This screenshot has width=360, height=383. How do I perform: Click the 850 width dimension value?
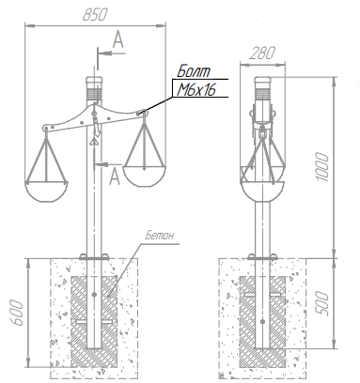pyautogui.click(x=95, y=15)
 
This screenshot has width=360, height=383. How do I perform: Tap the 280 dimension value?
pyautogui.click(x=262, y=53)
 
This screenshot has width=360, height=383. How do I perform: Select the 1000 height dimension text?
pyautogui.click(x=322, y=167)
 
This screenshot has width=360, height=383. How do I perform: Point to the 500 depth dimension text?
pyautogui.click(x=322, y=303)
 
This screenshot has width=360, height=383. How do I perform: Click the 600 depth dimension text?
pyautogui.click(x=16, y=313)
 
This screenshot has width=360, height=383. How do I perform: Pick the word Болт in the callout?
pyautogui.click(x=194, y=71)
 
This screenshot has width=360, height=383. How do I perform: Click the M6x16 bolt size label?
pyautogui.click(x=196, y=90)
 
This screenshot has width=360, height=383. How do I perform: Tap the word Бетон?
pyautogui.click(x=159, y=236)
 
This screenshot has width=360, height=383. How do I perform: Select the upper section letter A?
pyautogui.click(x=117, y=39)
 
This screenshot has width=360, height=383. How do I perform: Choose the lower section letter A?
pyautogui.click(x=115, y=176)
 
